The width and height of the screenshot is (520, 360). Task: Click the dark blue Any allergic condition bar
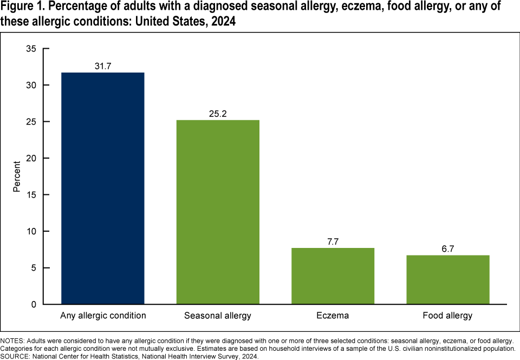[103, 188]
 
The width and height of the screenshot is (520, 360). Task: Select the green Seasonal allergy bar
[218, 212]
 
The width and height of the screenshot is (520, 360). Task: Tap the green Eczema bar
[333, 276]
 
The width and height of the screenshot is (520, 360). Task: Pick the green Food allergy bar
[448, 279]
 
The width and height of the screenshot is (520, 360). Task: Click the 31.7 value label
[103, 66]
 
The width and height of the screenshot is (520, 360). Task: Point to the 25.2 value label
[218, 114]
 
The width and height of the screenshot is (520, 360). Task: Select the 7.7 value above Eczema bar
[333, 241]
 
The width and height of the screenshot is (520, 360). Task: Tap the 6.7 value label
[448, 248]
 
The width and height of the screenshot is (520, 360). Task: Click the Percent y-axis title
[17, 176]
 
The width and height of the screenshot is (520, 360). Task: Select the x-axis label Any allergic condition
[103, 316]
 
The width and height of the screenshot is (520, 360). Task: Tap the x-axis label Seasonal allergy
[218, 316]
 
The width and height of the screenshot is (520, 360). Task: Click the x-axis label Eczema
[333, 316]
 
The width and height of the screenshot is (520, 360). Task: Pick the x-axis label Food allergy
[448, 316]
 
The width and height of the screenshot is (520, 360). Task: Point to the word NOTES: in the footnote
[12, 341]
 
